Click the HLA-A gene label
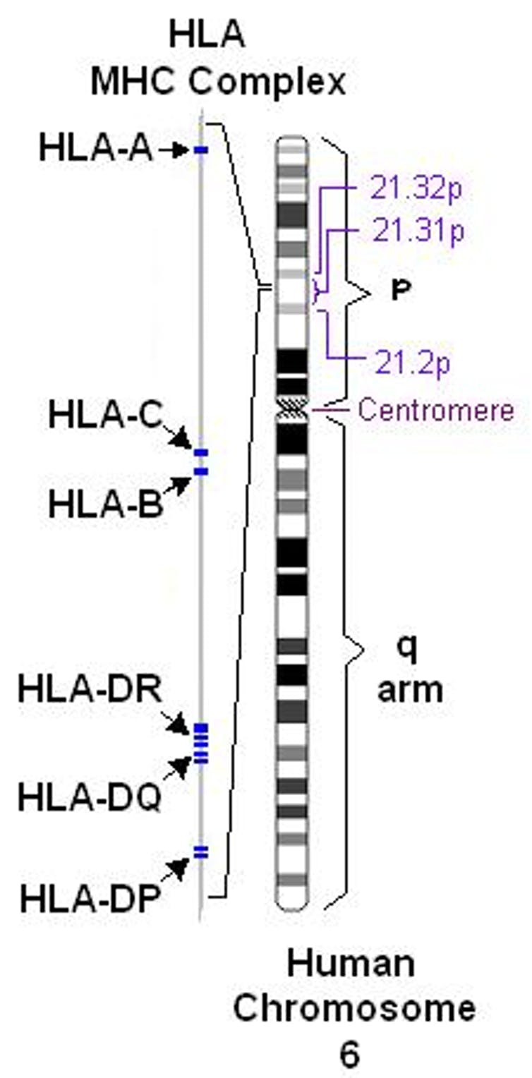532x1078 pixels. click(x=96, y=150)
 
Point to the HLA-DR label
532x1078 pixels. click(x=90, y=689)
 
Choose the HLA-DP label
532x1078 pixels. click(x=88, y=900)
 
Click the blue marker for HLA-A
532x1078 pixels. click(x=201, y=150)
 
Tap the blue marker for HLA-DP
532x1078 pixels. click(x=201, y=852)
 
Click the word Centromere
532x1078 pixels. click(x=435, y=409)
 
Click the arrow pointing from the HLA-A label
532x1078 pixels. click(x=173, y=150)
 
